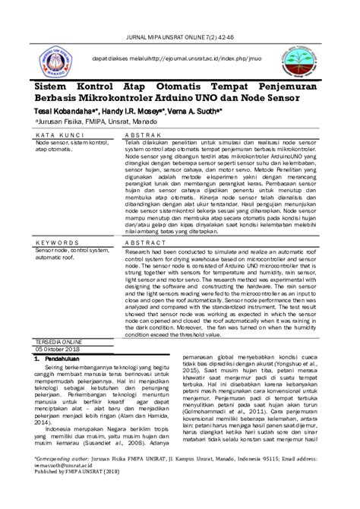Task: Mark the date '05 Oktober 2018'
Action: click(x=62, y=349)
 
